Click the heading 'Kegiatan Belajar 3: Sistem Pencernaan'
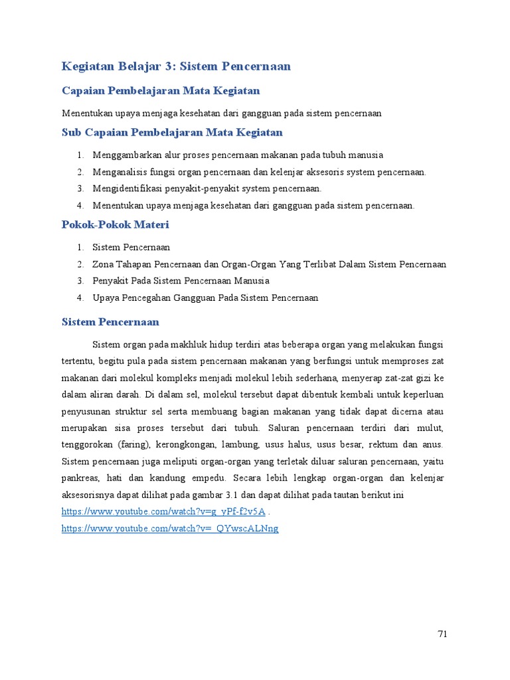point(176,66)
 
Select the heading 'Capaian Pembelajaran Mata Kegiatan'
point(161,90)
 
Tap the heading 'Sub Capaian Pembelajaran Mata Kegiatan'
point(172,132)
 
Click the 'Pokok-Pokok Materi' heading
point(115,225)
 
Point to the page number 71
point(443,634)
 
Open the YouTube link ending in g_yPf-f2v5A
point(163,511)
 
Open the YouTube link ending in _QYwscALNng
point(170,529)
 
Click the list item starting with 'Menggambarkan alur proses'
point(238,155)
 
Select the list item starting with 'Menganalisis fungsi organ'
point(259,172)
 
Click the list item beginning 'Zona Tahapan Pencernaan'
point(269,264)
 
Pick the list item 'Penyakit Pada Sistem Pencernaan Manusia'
point(181,281)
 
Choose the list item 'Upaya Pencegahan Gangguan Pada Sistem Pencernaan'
point(205,297)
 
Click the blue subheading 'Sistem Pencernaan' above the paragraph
point(110,322)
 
